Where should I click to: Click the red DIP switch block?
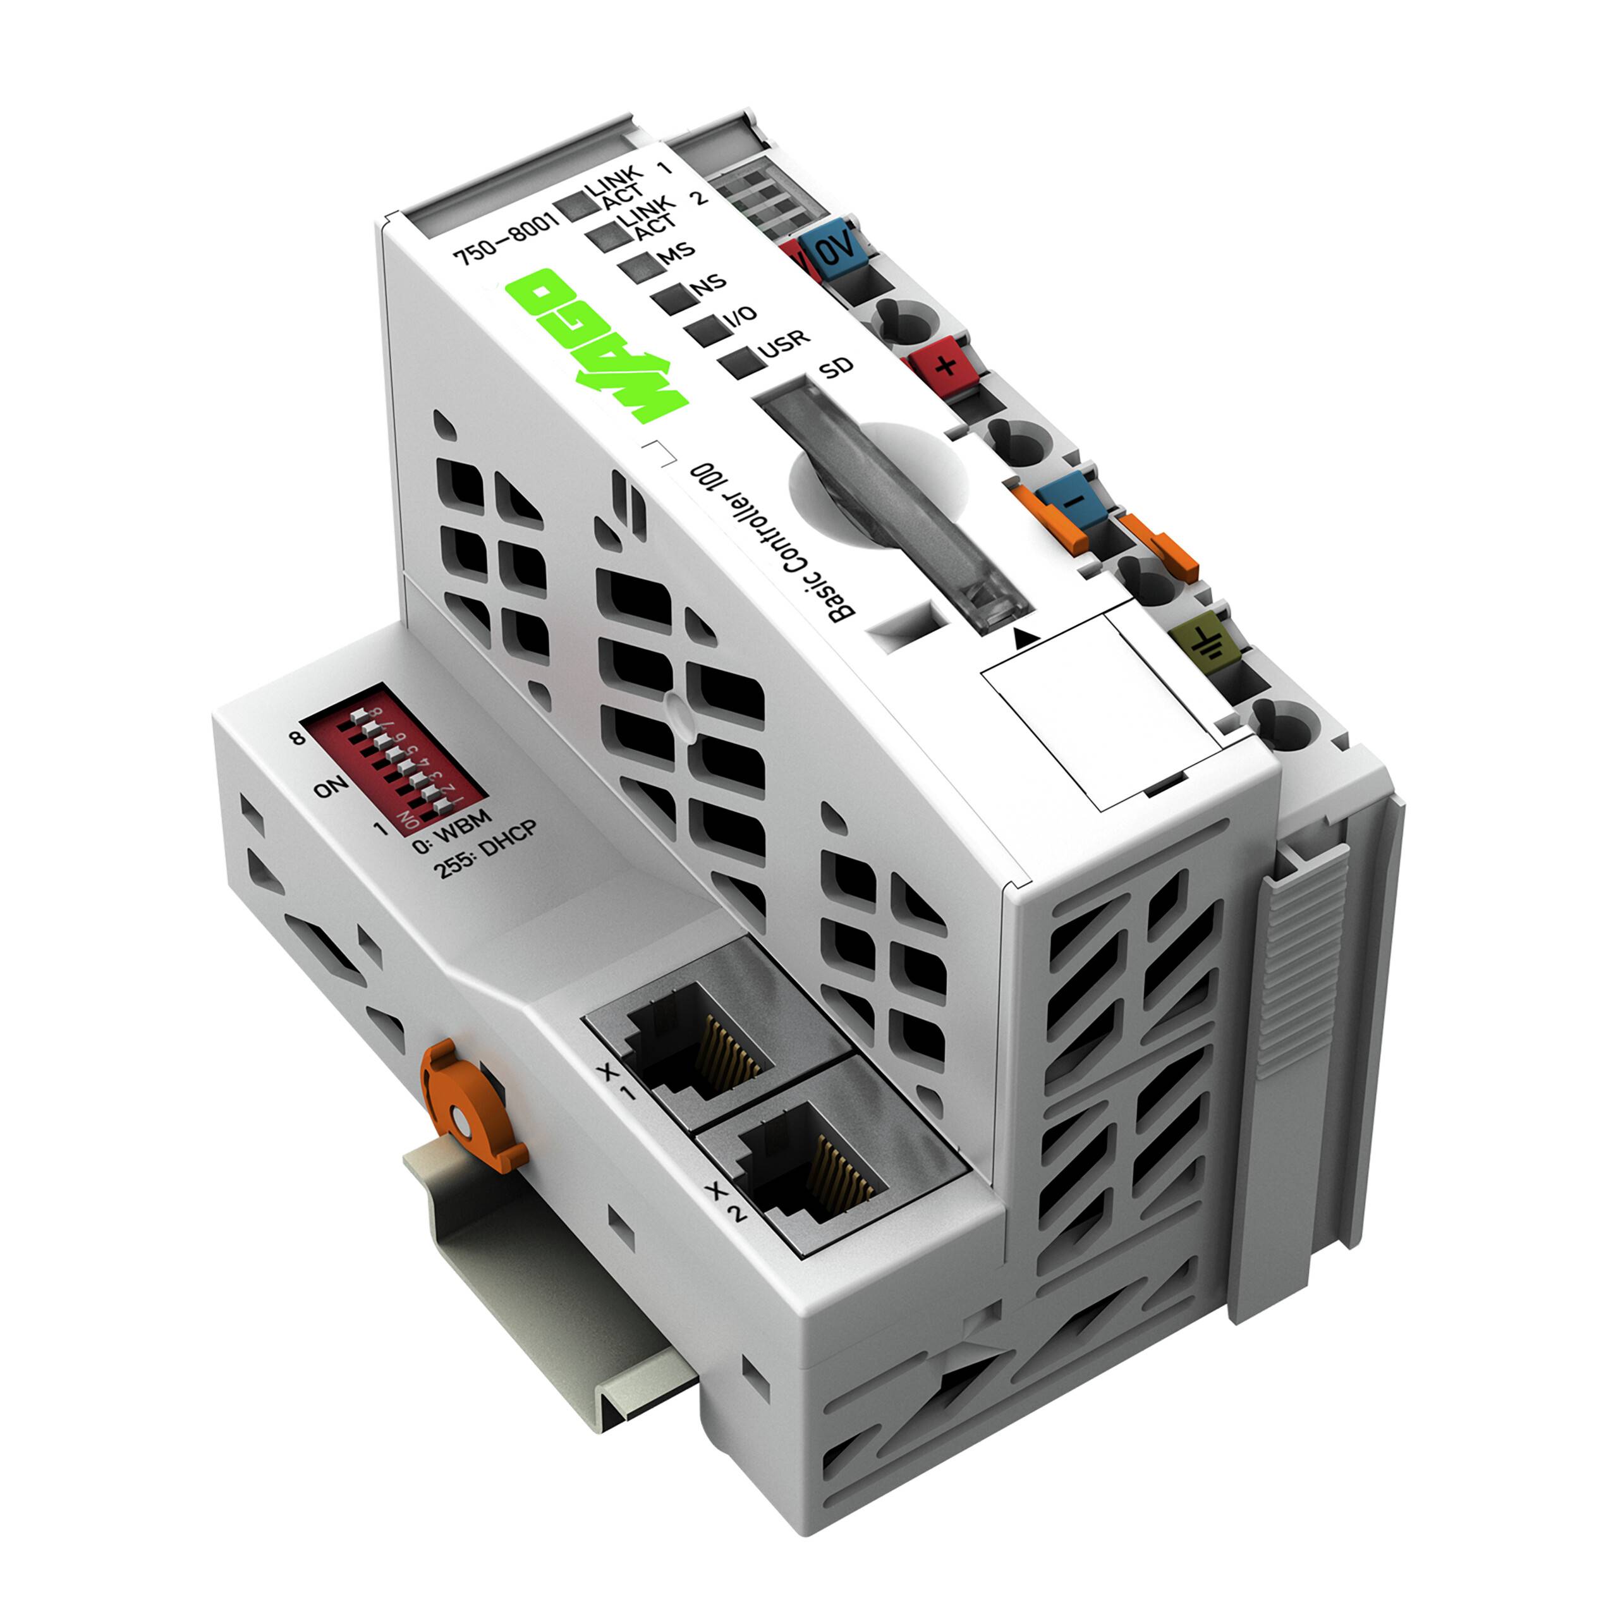tap(394, 758)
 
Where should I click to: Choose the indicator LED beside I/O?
tap(708, 330)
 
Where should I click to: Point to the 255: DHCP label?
tap(484, 848)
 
